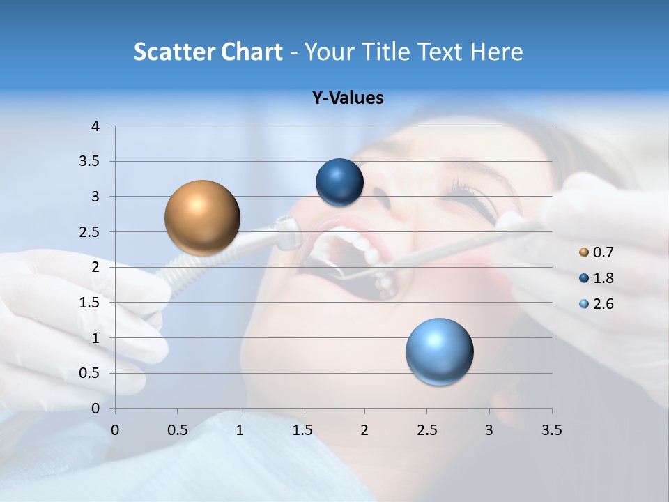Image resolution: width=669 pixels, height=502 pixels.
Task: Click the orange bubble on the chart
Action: click(202, 218)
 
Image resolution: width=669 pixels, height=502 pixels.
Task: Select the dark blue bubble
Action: click(339, 183)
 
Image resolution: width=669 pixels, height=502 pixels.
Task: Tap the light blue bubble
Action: click(439, 351)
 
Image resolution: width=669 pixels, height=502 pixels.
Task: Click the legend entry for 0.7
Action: click(596, 252)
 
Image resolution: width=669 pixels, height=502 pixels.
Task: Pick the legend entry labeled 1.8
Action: click(596, 278)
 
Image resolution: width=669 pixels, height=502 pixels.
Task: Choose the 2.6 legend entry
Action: click(596, 304)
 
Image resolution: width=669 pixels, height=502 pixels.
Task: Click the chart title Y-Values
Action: click(347, 98)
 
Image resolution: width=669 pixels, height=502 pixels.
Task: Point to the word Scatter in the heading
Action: click(174, 52)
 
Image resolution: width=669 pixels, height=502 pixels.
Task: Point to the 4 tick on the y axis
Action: click(96, 126)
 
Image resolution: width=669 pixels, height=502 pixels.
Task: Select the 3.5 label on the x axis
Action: click(551, 431)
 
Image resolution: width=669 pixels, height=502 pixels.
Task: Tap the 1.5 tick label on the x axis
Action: click(302, 431)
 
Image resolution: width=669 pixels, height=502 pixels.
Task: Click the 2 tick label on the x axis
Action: click(364, 431)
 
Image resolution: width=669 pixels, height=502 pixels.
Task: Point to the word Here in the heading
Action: click(495, 52)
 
